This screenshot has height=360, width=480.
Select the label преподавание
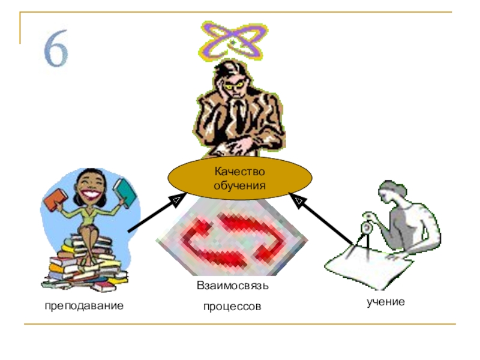pos(83,305)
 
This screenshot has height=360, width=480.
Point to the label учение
pos(386,301)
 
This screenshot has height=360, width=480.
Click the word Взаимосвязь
pos(233,286)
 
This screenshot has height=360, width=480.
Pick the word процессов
pos(232,307)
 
